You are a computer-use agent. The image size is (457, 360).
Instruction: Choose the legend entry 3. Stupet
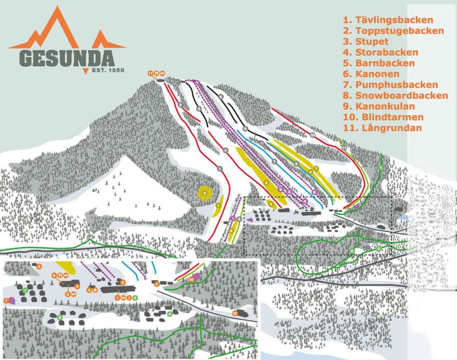[366, 41]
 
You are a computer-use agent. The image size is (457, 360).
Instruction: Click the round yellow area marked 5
[205, 192]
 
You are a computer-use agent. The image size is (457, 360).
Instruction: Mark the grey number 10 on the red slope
[313, 136]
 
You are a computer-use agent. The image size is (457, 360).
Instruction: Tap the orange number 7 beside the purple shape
[6, 301]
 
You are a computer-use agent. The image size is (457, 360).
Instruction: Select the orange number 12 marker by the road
[234, 313]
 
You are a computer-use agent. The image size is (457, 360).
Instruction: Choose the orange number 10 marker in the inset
[191, 279]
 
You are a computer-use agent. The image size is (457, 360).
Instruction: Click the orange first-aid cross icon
[94, 290]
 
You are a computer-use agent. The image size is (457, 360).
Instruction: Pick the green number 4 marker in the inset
[170, 314]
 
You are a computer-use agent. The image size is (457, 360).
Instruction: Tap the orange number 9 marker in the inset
[157, 284]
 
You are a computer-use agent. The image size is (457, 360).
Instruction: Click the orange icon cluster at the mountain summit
[157, 73]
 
